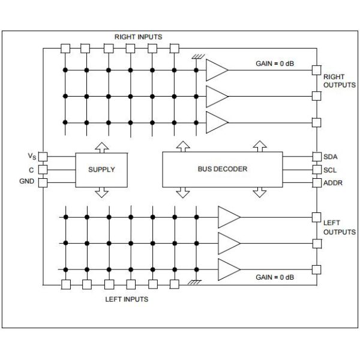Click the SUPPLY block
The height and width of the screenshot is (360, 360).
101,169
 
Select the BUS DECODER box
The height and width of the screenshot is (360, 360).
222,169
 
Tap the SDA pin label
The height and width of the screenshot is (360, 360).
331,157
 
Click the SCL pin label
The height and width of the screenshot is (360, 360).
331,169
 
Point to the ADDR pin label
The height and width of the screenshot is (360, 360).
333,182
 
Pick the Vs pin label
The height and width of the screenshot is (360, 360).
31,157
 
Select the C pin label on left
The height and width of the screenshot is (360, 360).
32,169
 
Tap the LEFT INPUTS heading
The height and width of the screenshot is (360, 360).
127,298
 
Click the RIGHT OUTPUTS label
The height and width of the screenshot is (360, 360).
340,81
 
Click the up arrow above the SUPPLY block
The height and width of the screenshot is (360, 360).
101,146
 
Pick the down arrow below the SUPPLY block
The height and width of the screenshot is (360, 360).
101,191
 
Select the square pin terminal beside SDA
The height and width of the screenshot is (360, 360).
316,157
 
